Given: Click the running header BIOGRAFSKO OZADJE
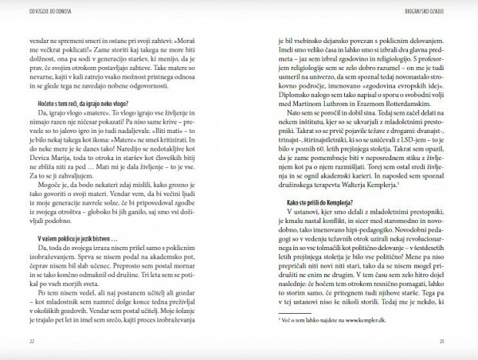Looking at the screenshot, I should pyautogui.click(x=431, y=10).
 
